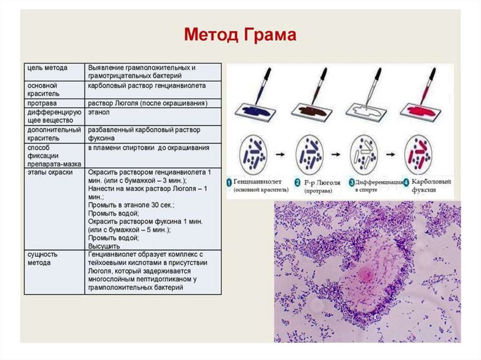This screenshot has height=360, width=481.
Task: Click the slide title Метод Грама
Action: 240,35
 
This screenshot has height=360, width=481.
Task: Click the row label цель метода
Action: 48,68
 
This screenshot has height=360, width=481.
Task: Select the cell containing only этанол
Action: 99,113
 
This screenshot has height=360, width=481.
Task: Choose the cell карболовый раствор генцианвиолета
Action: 147,86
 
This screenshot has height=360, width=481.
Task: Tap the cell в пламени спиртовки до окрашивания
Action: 148,148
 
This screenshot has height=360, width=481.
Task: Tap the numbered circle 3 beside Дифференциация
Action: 352,182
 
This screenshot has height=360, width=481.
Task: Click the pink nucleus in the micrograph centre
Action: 365,274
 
